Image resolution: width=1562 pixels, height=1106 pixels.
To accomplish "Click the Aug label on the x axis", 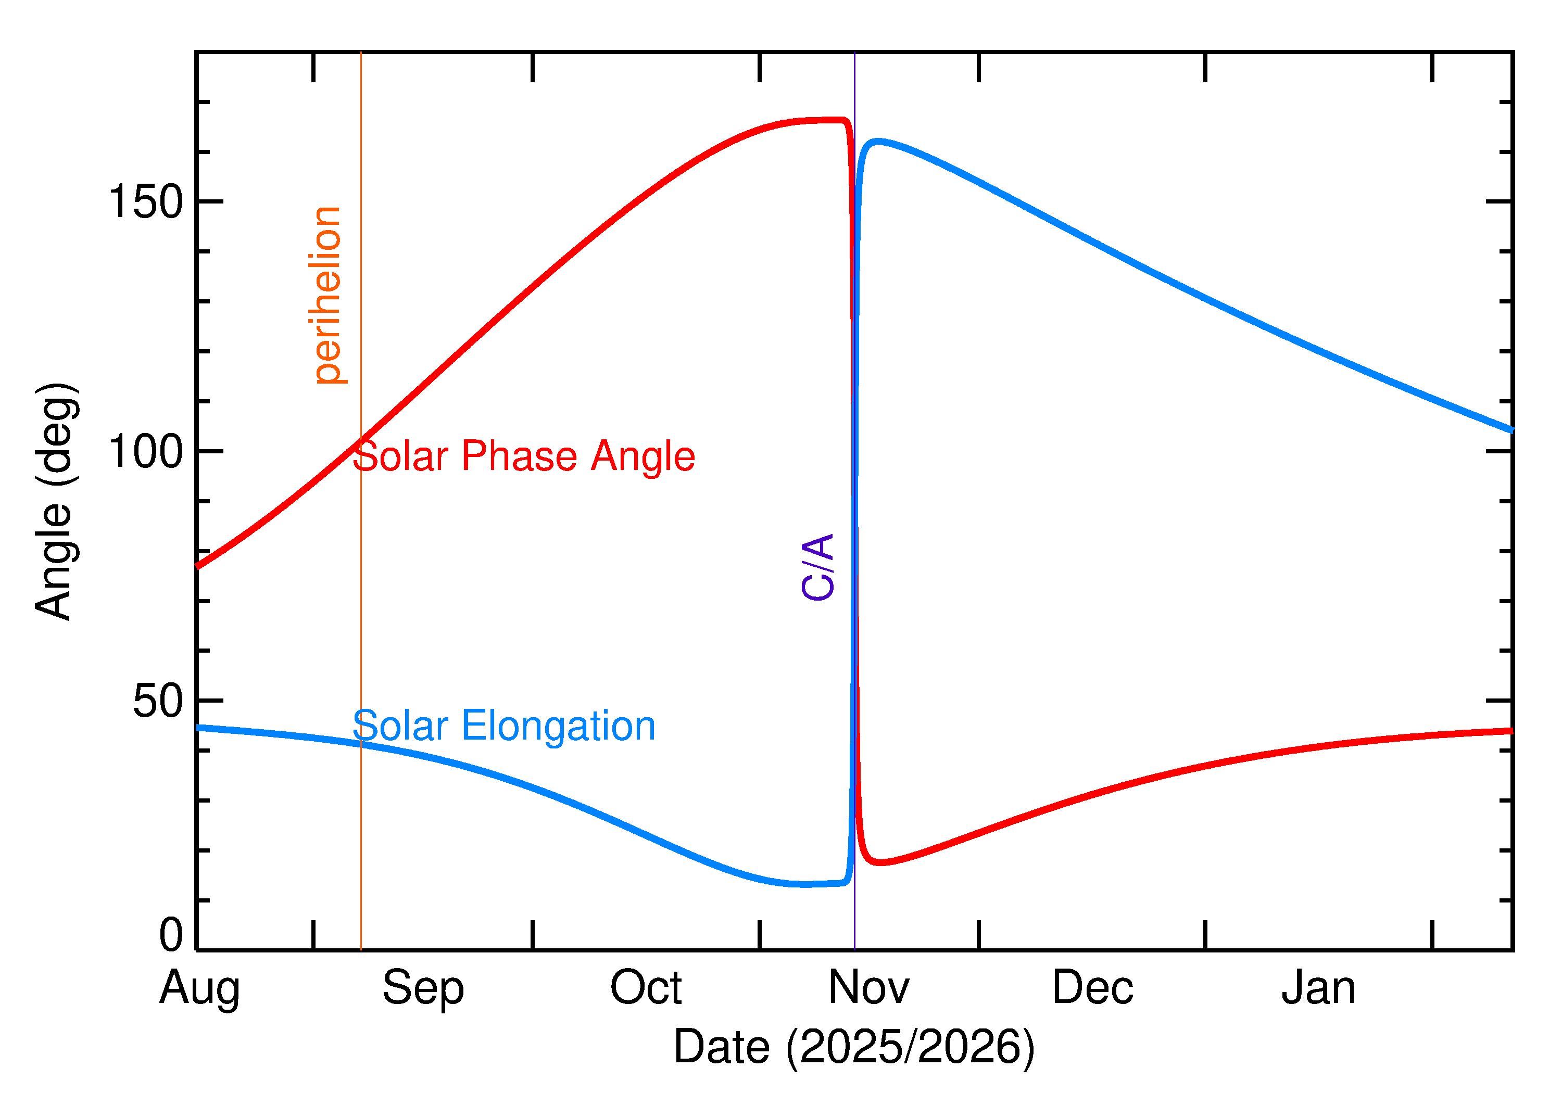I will point(199,988).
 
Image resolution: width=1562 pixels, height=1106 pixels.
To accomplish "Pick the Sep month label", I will point(423,988).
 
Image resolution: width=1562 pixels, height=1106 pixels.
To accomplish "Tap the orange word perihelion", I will point(327,295).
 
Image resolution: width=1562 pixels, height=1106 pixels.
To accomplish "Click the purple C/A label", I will point(818,567).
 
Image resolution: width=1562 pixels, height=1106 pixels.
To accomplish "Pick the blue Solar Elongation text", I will point(503,726).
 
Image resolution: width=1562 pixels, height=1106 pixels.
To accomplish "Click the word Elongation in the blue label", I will point(559,726).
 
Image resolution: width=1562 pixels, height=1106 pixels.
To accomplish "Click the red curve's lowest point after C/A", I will point(881,863).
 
